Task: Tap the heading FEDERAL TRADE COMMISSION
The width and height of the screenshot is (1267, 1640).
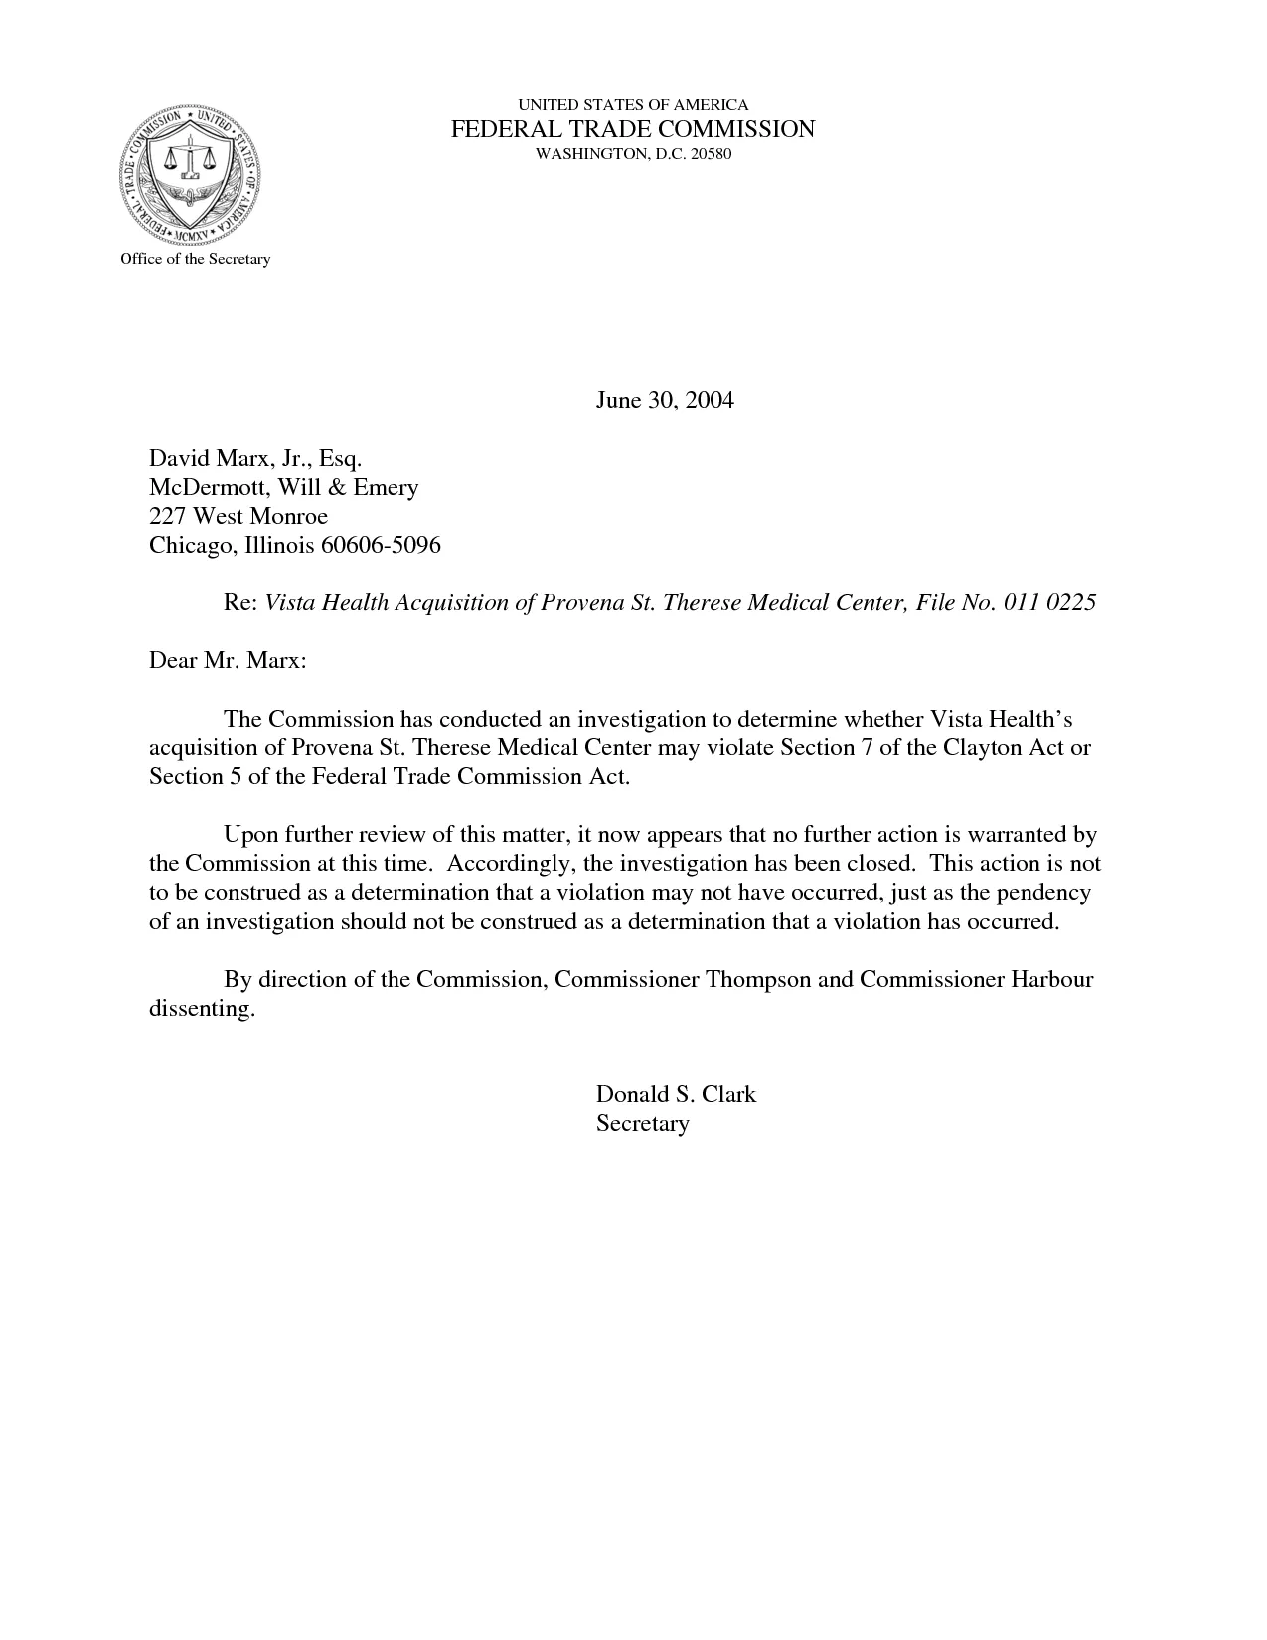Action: [x=633, y=129]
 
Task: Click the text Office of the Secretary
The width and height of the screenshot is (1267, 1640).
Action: [x=195, y=259]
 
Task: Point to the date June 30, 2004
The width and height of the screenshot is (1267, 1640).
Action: [x=664, y=400]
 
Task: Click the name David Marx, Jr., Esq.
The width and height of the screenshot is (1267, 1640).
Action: [x=255, y=458]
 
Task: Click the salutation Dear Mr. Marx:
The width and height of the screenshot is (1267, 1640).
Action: [x=228, y=660]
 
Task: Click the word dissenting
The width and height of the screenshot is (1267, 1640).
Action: [x=202, y=1008]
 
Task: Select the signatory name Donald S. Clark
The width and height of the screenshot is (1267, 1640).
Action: [x=676, y=1094]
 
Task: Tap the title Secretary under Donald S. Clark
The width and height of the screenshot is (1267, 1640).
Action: [x=642, y=1123]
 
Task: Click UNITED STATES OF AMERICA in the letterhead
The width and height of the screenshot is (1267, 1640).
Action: [x=633, y=104]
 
